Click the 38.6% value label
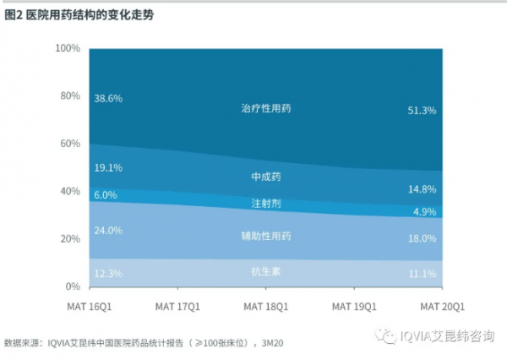109,99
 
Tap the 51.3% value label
422,111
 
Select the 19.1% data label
109,168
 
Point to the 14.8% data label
422,189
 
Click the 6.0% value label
106,195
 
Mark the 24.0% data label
109,230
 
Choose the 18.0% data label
422,239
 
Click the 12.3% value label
109,273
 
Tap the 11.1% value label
422,274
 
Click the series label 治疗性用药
265,110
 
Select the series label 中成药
265,177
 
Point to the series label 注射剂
265,205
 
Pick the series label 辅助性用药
265,236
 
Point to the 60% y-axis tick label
68,144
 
